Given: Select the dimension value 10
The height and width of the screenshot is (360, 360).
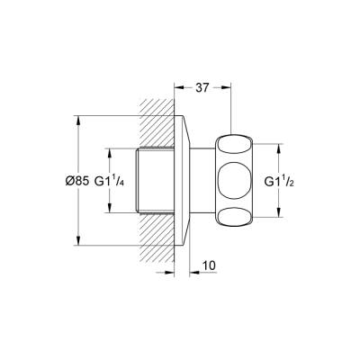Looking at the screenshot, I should tap(209, 265).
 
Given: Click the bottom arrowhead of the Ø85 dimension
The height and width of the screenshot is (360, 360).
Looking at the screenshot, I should tap(78, 241).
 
